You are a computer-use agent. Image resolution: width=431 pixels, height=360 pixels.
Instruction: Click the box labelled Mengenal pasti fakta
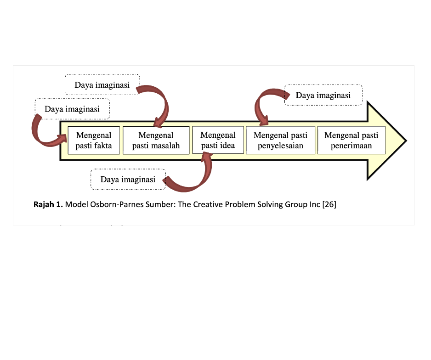(x=94, y=141)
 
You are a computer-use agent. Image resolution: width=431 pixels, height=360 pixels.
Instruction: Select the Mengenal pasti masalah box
(x=156, y=141)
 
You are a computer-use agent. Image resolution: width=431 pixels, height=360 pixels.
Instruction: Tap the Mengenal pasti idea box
(x=218, y=140)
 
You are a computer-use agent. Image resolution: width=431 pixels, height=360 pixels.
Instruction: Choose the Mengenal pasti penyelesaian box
(x=280, y=141)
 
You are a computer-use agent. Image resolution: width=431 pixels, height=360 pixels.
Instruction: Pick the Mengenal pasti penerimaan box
(x=352, y=141)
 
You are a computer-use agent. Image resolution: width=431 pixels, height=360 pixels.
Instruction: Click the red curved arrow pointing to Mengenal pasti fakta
(x=39, y=137)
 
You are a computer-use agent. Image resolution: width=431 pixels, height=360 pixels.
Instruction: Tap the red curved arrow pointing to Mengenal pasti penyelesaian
(x=258, y=101)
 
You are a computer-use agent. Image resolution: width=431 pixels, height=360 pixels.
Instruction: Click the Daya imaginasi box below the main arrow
(x=128, y=180)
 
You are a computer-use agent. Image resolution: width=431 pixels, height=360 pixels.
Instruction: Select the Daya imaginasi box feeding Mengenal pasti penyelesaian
(x=323, y=95)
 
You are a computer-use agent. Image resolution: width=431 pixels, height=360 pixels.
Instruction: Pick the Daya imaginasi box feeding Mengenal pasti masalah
(x=102, y=84)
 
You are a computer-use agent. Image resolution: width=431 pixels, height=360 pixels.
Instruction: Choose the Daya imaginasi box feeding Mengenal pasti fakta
(x=72, y=109)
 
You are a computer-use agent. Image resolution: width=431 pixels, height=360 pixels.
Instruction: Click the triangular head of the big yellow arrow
(x=385, y=141)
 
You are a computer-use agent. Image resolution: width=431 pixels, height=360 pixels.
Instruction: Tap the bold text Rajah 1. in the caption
(x=48, y=204)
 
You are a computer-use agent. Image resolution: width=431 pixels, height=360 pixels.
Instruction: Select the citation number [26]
(x=329, y=204)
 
